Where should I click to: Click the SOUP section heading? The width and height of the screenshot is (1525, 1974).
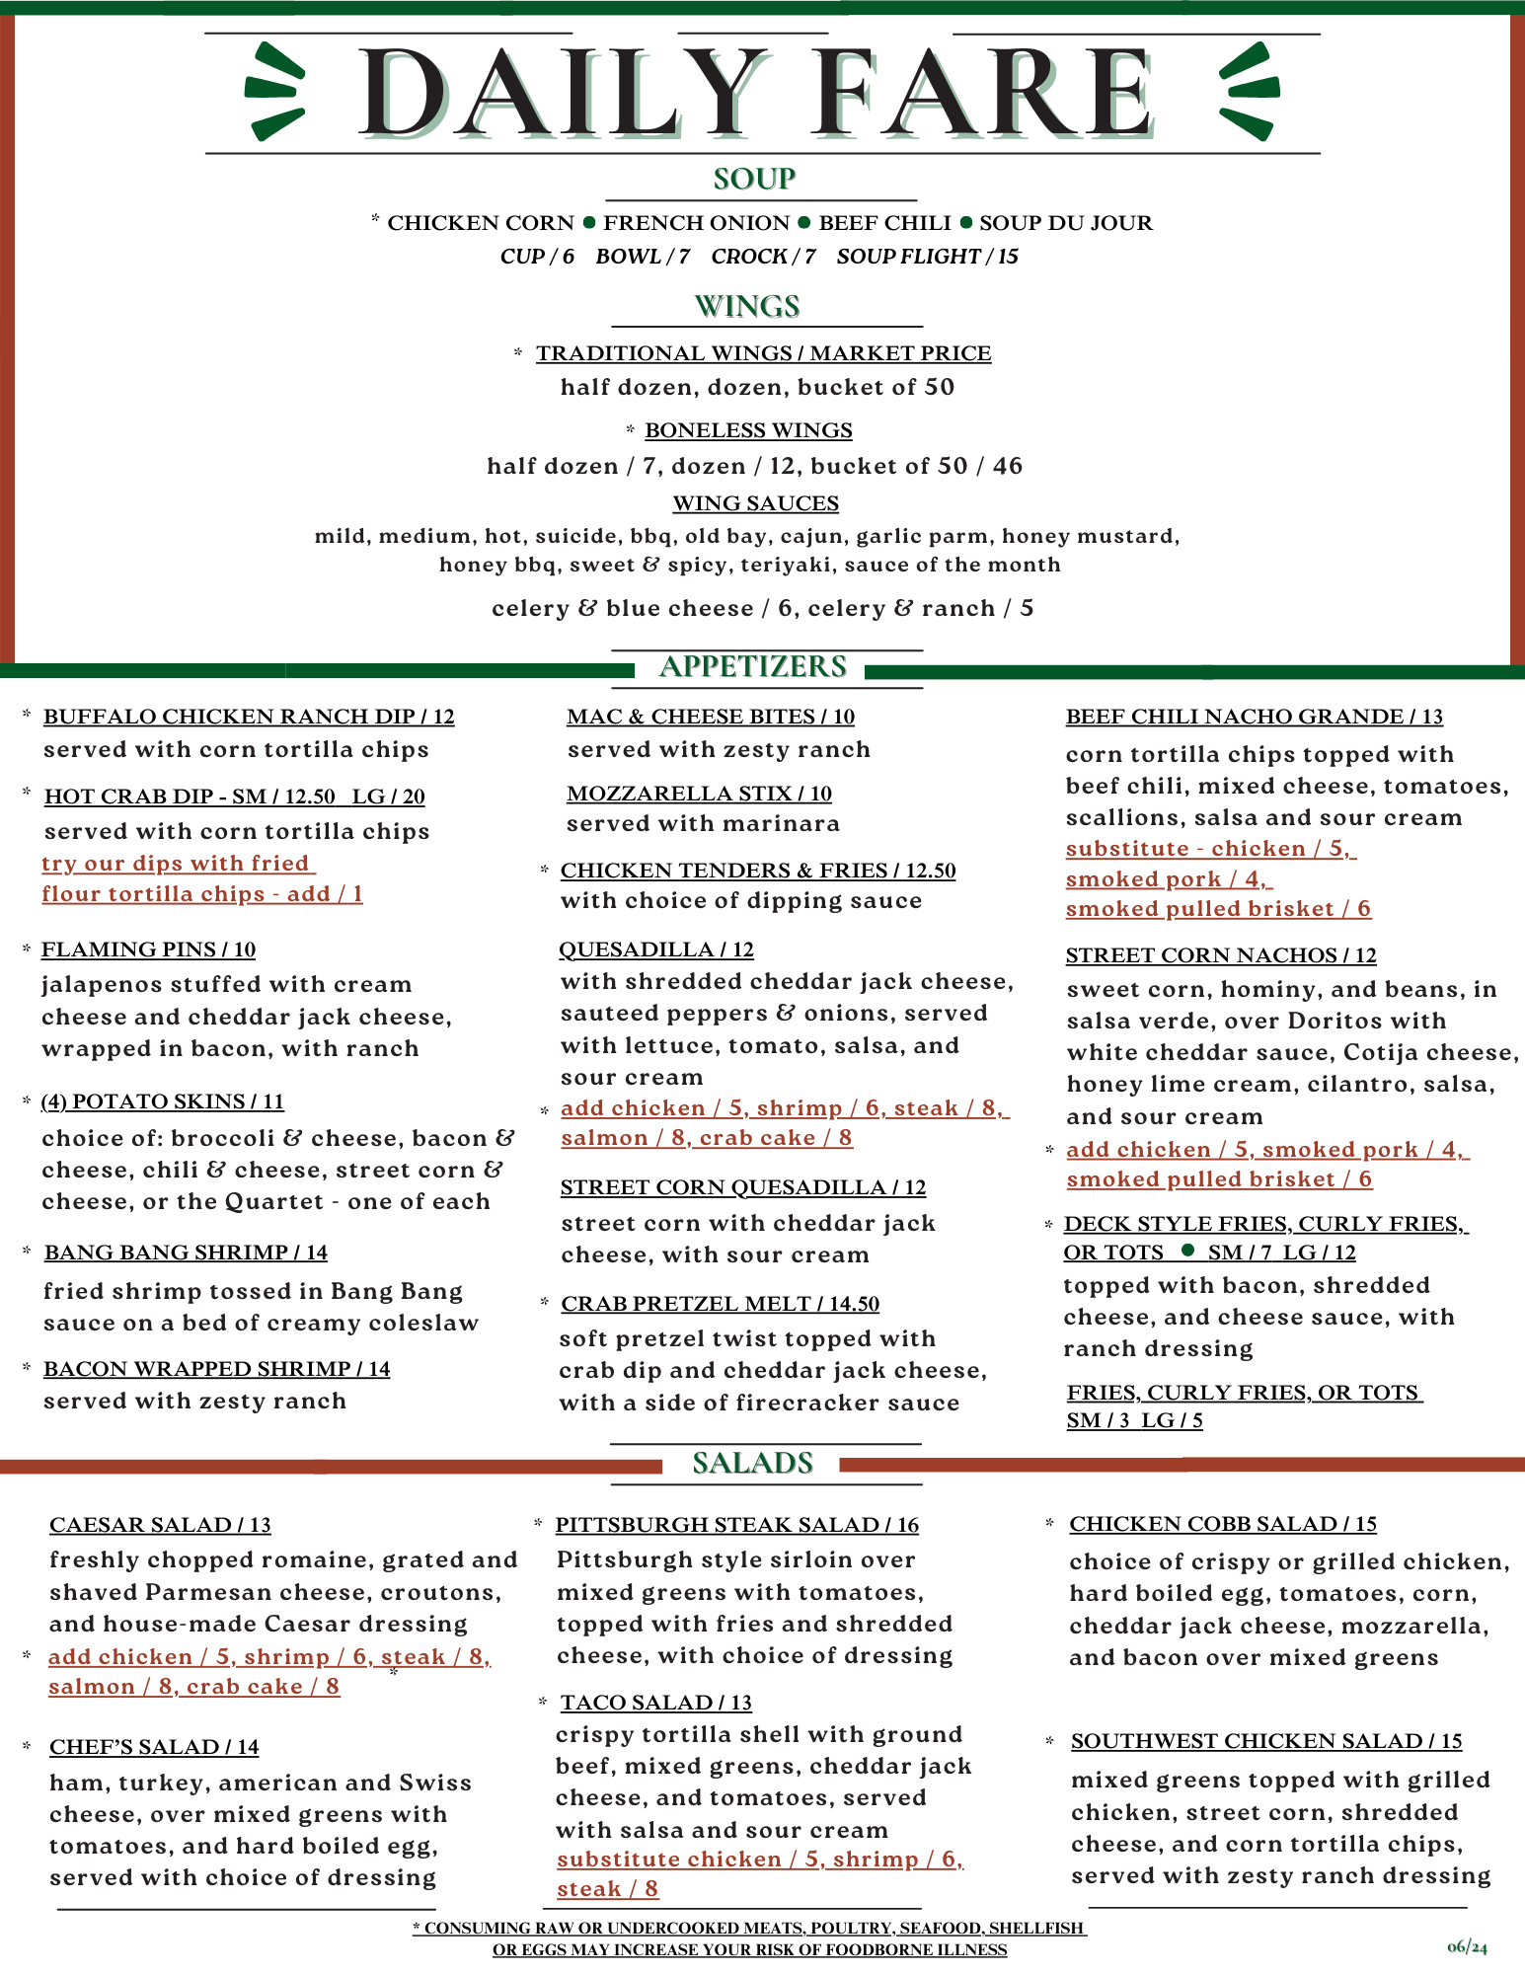coord(754,179)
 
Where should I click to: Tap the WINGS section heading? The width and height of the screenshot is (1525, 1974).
coord(747,306)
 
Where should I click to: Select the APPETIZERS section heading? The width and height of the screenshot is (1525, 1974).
coord(752,666)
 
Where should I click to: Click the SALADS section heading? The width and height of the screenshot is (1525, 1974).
coord(752,1463)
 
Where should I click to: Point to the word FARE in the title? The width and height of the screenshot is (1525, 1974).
coord(984,94)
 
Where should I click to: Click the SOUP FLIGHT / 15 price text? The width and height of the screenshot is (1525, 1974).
coord(927,257)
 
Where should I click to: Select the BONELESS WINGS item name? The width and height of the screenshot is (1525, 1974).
coord(748,430)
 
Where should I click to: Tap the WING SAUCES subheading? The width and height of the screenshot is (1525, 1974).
coord(756,503)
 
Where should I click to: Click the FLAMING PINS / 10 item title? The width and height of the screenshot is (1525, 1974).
coord(148,949)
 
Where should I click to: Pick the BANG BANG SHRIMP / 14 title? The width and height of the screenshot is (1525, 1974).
coord(186,1253)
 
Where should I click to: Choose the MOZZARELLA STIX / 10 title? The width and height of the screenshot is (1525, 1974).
coord(699,794)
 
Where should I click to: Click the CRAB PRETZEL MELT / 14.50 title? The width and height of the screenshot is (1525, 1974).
coord(720,1304)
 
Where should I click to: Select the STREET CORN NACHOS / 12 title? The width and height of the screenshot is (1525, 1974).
coord(1220,955)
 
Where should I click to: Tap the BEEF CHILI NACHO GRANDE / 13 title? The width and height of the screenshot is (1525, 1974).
coord(1254,717)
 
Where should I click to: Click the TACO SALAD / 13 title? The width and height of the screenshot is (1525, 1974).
coord(656,1703)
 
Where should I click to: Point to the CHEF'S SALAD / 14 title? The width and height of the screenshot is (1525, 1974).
coord(154,1747)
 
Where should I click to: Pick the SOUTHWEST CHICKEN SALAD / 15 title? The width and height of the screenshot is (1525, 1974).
coord(1266,1741)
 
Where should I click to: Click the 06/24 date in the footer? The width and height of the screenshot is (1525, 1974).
coord(1467,1947)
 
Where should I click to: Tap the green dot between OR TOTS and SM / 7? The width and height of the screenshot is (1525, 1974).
coord(1188,1251)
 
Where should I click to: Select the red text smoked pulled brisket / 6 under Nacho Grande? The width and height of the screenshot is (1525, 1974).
coord(1218,909)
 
